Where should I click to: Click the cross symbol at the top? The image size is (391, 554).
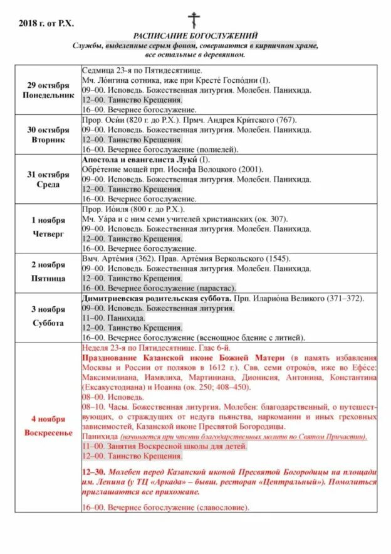coord(194,19)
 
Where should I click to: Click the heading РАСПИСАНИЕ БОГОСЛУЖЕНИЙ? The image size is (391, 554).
coord(195,36)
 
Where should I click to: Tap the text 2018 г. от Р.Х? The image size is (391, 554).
coord(46,23)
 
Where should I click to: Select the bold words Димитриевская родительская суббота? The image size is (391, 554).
coord(157,299)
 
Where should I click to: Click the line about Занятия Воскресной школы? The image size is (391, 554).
coord(164,446)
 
